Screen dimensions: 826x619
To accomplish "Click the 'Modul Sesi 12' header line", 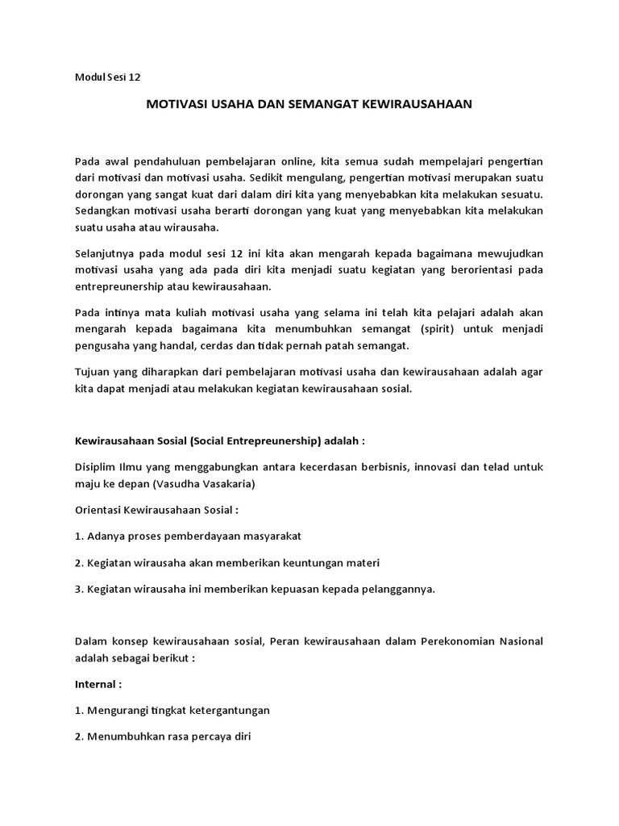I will [107, 77].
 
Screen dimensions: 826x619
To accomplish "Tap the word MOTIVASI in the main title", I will [172, 104].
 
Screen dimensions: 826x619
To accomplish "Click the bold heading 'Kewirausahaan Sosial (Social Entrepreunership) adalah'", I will [219, 441].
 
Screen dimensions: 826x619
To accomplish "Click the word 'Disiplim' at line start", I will [95, 467].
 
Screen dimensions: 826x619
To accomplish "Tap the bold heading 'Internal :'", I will [98, 684].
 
